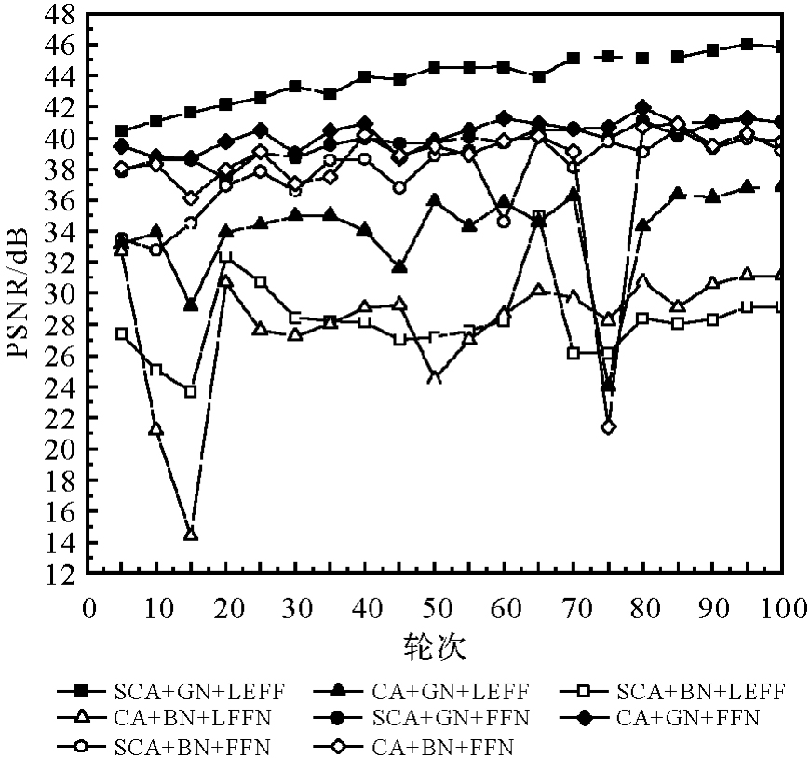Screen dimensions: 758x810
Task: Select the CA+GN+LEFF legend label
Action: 451,691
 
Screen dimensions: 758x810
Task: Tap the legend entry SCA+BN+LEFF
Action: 700,691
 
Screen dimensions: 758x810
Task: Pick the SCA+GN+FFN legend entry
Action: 451,718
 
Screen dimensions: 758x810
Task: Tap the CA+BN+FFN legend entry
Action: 443,746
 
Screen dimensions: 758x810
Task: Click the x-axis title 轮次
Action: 436,645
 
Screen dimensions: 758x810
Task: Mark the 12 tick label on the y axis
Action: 61,575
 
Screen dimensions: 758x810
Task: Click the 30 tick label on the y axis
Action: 61,294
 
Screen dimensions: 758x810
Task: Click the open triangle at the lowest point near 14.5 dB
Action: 191,535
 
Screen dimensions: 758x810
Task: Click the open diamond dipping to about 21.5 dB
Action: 609,426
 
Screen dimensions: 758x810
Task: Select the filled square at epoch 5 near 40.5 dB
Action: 122,131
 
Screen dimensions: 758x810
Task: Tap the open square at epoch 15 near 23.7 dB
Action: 191,392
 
